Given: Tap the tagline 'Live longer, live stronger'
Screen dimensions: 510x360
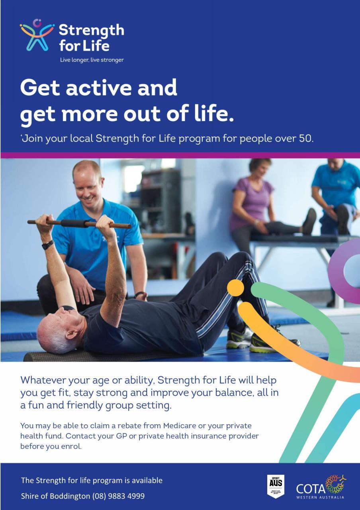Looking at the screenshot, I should click(92, 60).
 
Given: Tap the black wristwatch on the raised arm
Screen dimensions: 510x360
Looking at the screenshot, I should click(48, 244).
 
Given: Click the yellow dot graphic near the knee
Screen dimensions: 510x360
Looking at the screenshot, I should click(235, 288).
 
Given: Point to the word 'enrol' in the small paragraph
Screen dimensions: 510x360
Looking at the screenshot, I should click(72, 446).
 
